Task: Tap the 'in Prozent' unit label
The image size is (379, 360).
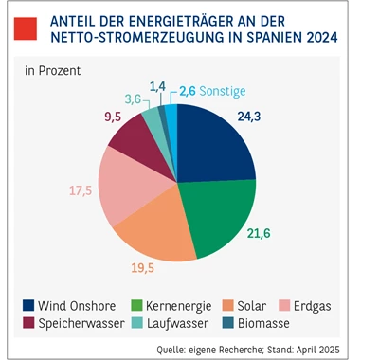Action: pyautogui.click(x=52, y=71)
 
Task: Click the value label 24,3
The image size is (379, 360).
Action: pyautogui.click(x=249, y=118)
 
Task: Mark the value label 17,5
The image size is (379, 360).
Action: pyautogui.click(x=81, y=189)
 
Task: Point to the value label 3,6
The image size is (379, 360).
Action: pyautogui.click(x=135, y=99)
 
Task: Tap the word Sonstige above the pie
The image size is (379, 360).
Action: pyautogui.click(x=225, y=91)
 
